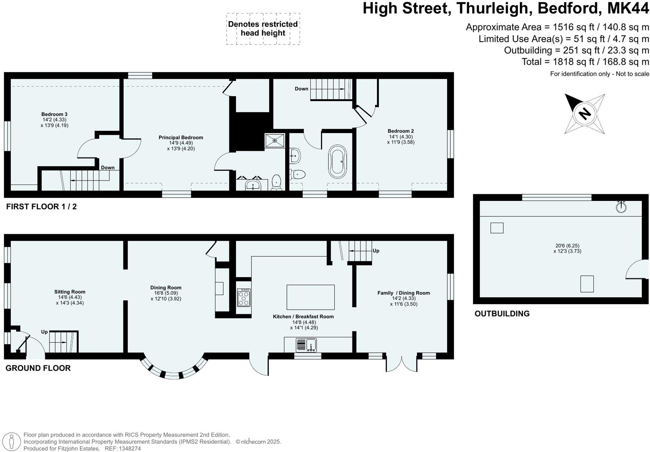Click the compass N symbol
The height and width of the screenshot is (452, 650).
click(584, 114)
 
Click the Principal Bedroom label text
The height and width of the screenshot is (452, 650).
click(181, 137)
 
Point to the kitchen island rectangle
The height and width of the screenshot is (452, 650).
click(310, 297)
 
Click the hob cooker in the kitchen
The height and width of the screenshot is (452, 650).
click(244, 298)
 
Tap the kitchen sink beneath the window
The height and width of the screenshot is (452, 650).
click(306, 345)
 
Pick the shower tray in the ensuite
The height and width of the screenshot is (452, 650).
click(275, 140)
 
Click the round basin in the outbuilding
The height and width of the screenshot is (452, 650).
click(621, 207)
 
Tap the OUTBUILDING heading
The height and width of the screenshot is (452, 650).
click(502, 314)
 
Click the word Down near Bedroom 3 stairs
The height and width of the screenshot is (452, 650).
click(108, 167)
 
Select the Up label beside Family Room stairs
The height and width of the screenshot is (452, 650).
click(376, 251)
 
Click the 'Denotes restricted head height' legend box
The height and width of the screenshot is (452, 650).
click(263, 29)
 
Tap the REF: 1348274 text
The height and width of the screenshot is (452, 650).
click(123, 449)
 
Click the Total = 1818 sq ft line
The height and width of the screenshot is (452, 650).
click(585, 62)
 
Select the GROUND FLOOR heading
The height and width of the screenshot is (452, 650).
click(38, 368)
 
